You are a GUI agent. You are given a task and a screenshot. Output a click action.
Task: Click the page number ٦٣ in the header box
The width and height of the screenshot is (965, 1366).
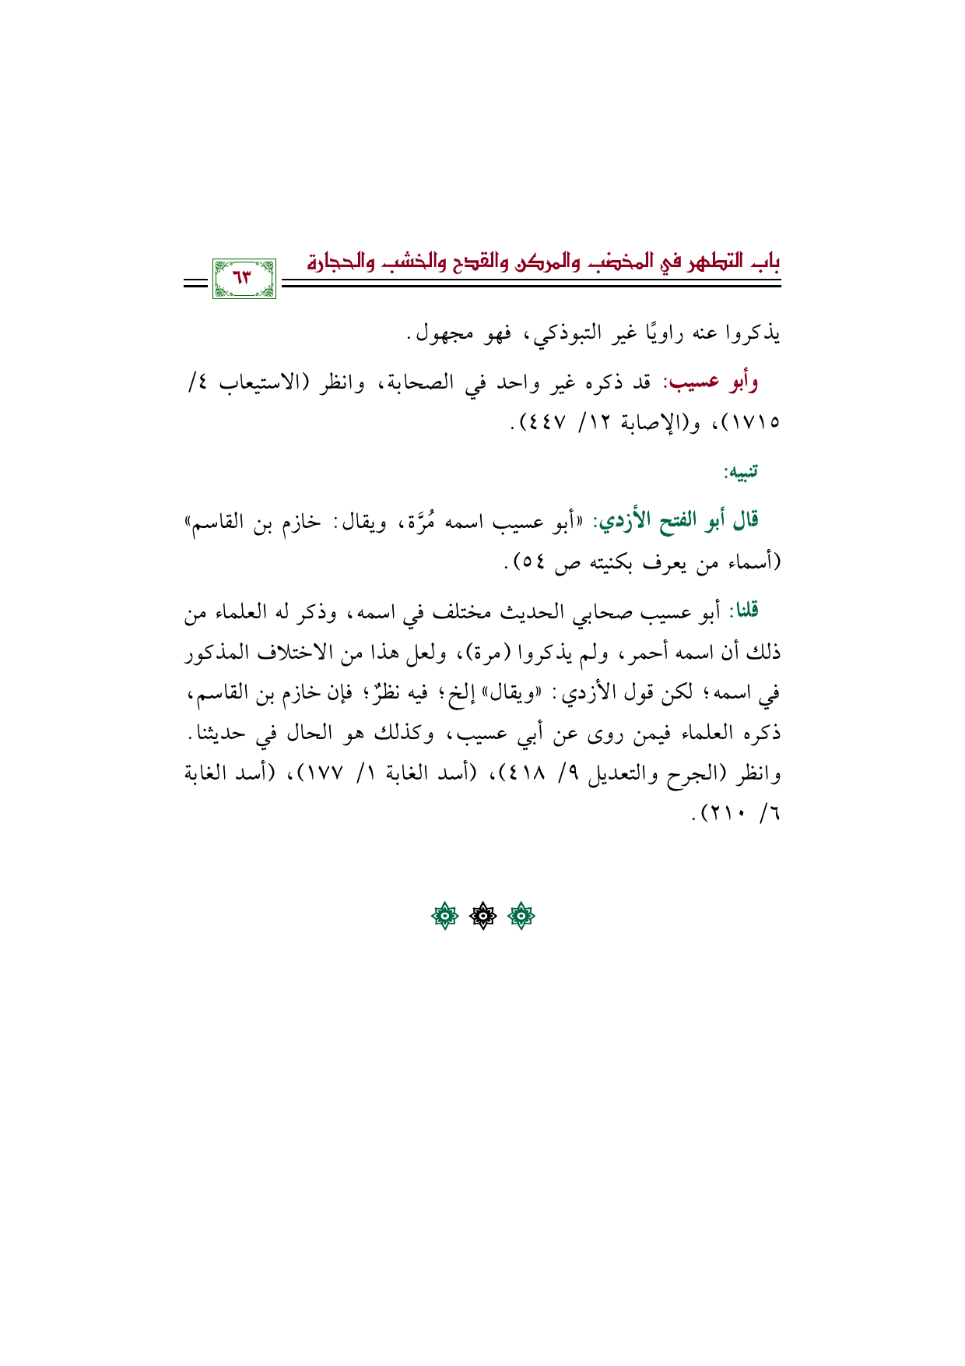pyautogui.click(x=244, y=276)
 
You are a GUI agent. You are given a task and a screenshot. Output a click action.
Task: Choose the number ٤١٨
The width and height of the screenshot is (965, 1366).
pyautogui.click(x=532, y=775)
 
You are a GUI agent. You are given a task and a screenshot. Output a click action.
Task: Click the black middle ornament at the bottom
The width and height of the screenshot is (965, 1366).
pyautogui.click(x=482, y=917)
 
